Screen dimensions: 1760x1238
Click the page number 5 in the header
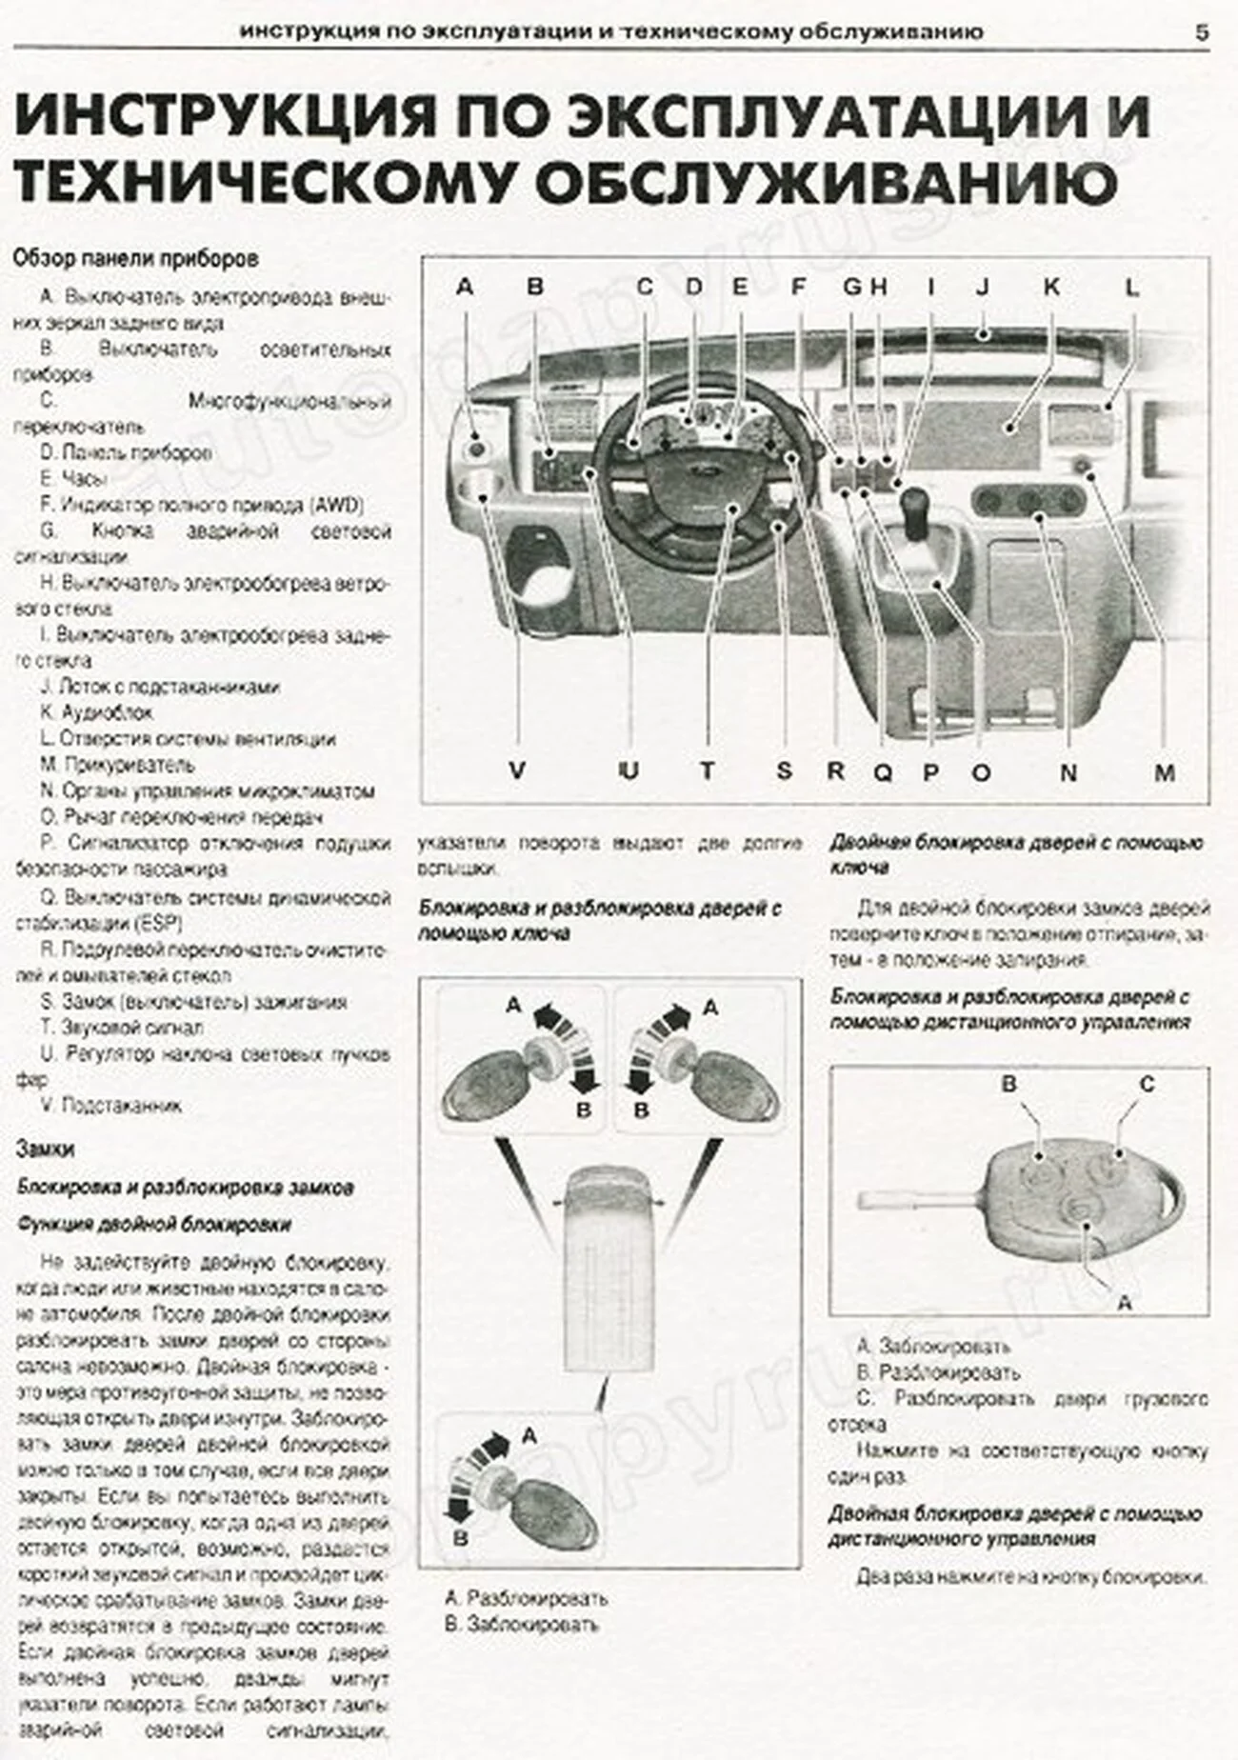pos(1202,32)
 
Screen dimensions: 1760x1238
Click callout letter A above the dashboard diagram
pos(464,286)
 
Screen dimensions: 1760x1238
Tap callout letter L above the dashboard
pos(1131,287)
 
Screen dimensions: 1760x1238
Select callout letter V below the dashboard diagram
pos(516,770)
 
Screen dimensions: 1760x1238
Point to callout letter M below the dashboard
pos(1164,772)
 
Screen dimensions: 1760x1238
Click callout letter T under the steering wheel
pos(707,770)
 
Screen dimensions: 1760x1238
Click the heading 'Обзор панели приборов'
pos(136,258)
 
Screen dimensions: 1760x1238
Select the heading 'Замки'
pos(45,1149)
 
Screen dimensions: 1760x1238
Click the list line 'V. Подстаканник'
pos(111,1106)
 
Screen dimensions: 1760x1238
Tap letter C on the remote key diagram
pos(1146,1084)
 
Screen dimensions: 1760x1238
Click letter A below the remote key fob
pos(1124,1302)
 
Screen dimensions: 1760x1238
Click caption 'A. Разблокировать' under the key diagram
pos(526,1597)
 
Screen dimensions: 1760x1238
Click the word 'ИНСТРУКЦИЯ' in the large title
pos(225,117)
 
